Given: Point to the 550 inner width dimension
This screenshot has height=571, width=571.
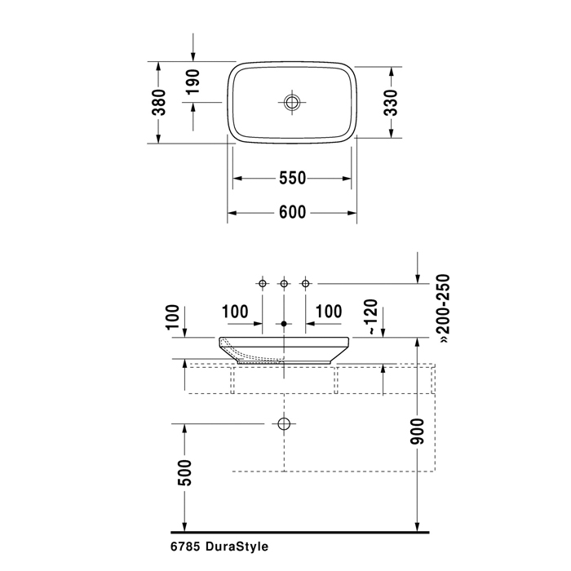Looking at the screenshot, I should tap(292, 178).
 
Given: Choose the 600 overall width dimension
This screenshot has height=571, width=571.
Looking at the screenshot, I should tap(292, 212).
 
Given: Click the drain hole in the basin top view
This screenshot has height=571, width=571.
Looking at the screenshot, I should tap(292, 102).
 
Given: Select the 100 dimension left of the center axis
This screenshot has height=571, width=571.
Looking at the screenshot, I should tap(235, 312).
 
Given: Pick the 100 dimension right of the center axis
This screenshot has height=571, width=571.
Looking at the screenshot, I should tap(329, 312).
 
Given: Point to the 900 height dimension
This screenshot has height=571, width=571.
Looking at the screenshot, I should tap(418, 435).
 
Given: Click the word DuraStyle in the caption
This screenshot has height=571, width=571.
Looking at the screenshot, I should tap(236, 547).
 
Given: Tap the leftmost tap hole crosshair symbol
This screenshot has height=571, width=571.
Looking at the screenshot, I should tap(263, 283).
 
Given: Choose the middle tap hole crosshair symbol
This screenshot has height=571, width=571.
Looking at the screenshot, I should tap(284, 283).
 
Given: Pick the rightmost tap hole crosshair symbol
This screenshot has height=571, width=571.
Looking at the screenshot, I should tap(305, 283).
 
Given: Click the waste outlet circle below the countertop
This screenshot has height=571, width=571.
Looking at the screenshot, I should tap(284, 424).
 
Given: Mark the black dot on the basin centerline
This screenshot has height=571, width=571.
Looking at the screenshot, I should tap(284, 325).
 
